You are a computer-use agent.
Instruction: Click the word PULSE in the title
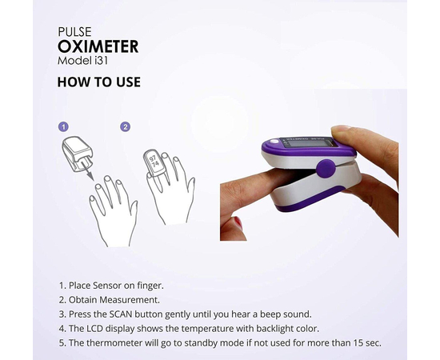(x=74, y=32)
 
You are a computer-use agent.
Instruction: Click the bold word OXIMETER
(x=98, y=46)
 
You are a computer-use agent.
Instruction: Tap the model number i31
(x=101, y=61)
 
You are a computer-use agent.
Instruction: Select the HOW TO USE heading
(x=98, y=82)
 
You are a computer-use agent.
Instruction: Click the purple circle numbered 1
(x=63, y=127)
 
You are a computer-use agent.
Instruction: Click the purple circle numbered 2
(x=125, y=127)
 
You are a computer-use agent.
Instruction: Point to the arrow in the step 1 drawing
(x=86, y=170)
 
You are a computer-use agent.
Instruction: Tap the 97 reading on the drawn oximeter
(x=153, y=158)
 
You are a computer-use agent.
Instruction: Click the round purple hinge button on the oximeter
(x=326, y=169)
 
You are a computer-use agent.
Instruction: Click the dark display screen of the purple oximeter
(x=307, y=142)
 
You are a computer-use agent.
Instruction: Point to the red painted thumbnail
(x=238, y=222)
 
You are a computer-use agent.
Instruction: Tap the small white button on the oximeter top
(x=275, y=142)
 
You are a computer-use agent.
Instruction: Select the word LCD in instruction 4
(x=95, y=328)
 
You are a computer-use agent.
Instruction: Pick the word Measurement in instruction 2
(x=130, y=300)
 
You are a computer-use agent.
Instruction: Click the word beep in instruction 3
(x=270, y=314)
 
